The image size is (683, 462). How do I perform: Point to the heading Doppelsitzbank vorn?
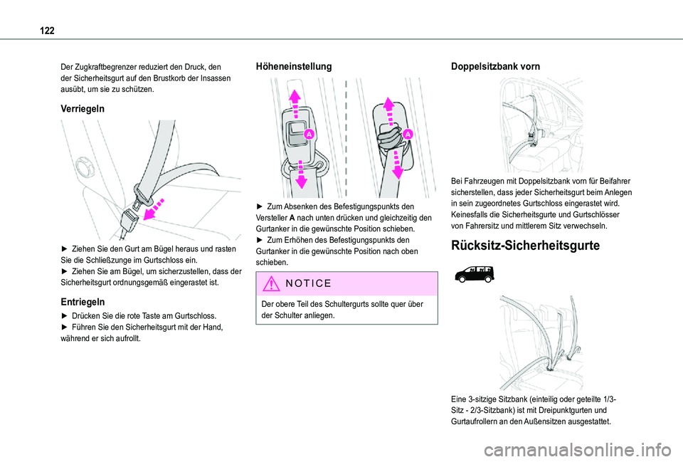coord(495,66)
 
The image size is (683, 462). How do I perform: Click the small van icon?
coord(472,272)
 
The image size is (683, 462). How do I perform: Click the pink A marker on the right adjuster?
coord(408,134)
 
